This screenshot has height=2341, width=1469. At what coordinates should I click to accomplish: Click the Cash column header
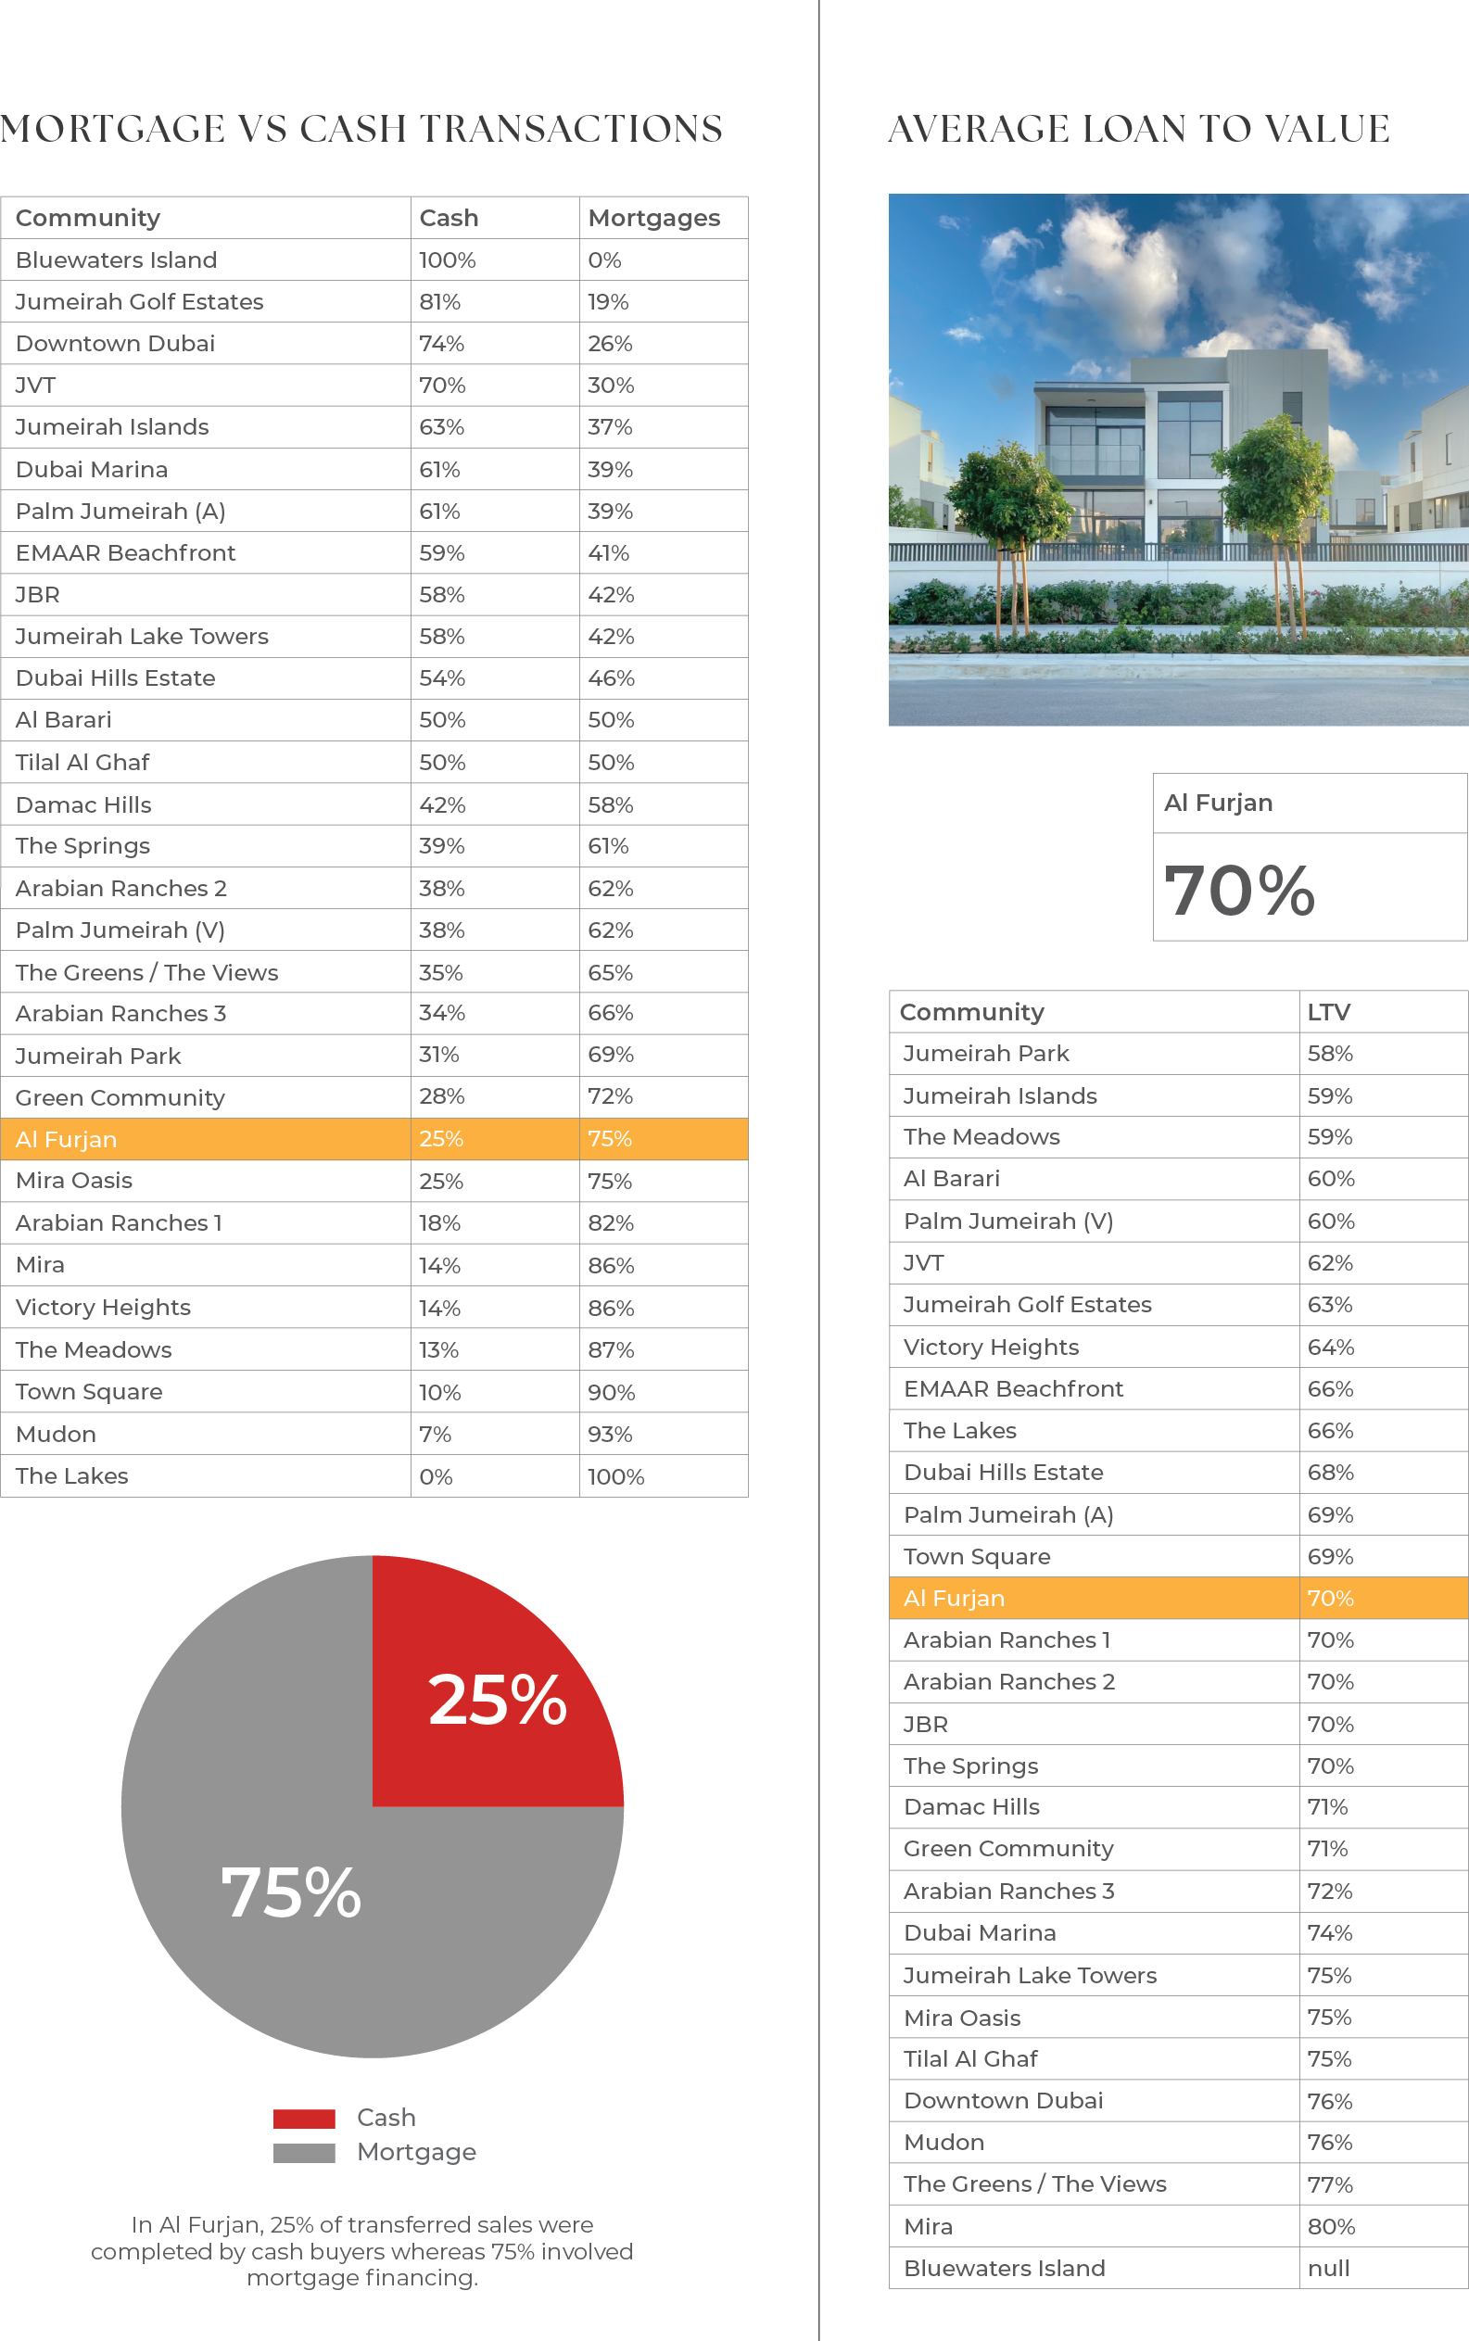click(448, 218)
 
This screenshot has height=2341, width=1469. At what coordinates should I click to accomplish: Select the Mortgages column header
click(653, 218)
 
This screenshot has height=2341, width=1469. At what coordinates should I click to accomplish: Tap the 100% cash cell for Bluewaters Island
click(447, 260)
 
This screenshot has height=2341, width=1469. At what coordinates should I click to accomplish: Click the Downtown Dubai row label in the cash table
click(115, 343)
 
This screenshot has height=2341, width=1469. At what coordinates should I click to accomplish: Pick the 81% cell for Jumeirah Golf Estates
click(439, 302)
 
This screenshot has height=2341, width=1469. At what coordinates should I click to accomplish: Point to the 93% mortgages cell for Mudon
click(609, 1435)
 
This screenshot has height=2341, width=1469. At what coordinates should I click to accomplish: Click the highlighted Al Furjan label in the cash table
click(66, 1139)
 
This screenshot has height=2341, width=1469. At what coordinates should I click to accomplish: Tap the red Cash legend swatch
click(304, 2119)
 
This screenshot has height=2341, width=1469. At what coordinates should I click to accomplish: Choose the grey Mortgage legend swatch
click(304, 2153)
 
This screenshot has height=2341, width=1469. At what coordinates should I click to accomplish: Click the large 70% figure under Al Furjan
click(1239, 890)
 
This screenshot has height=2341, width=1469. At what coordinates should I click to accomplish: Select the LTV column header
click(1328, 1012)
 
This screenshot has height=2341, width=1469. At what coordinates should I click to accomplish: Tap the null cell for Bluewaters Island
click(1328, 2268)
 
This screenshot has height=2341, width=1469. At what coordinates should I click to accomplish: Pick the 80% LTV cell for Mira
click(1330, 2226)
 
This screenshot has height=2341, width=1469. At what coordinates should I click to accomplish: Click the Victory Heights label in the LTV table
click(991, 1348)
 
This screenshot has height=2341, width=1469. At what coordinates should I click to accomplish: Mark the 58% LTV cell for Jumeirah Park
click(1329, 1054)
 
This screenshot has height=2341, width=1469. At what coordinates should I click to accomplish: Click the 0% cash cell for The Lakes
click(436, 1477)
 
